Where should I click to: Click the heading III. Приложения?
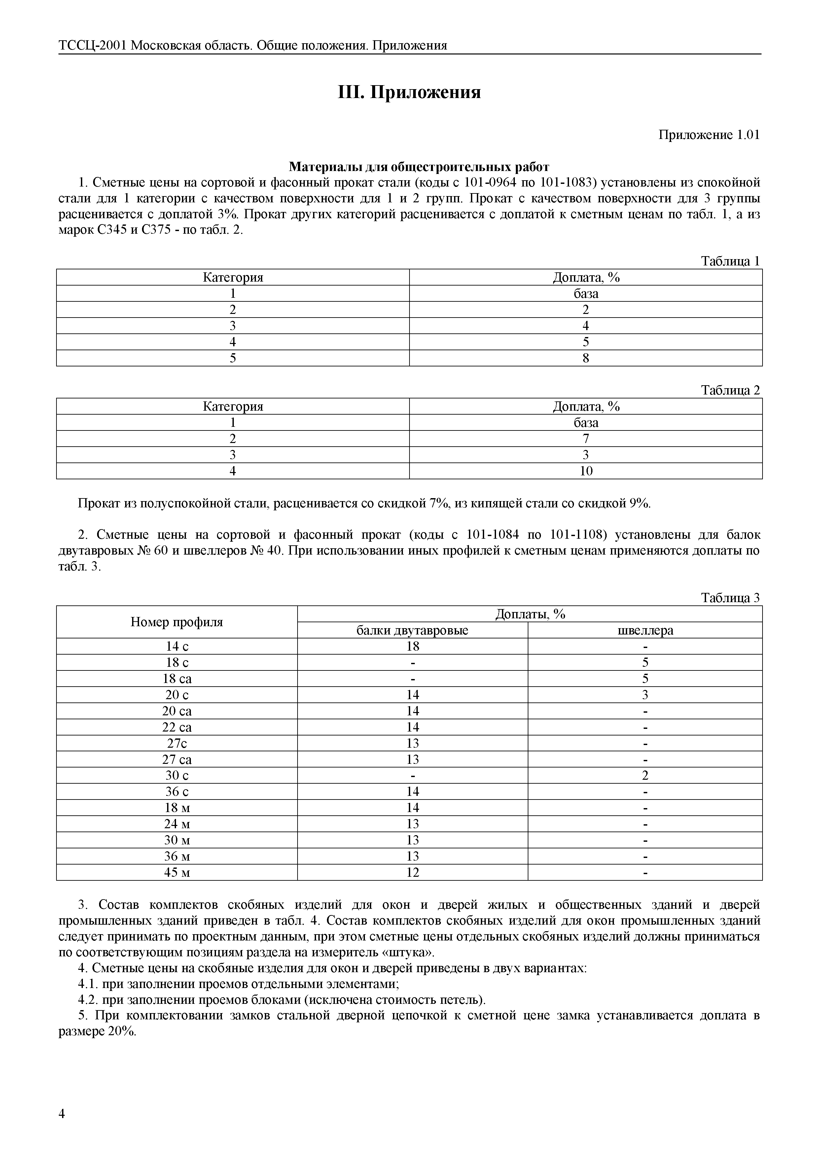pos(409,93)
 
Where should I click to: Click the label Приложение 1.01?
pos(708,135)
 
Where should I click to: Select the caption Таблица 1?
pos(730,261)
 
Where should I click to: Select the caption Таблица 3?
pos(730,598)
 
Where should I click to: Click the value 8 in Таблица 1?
pos(586,358)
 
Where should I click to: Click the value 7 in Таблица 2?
pos(586,439)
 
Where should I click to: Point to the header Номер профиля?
pos(177,622)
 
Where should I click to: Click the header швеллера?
pos(645,630)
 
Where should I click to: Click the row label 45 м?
pos(177,872)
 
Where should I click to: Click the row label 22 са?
pos(177,727)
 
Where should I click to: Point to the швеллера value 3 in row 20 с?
pos(645,695)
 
